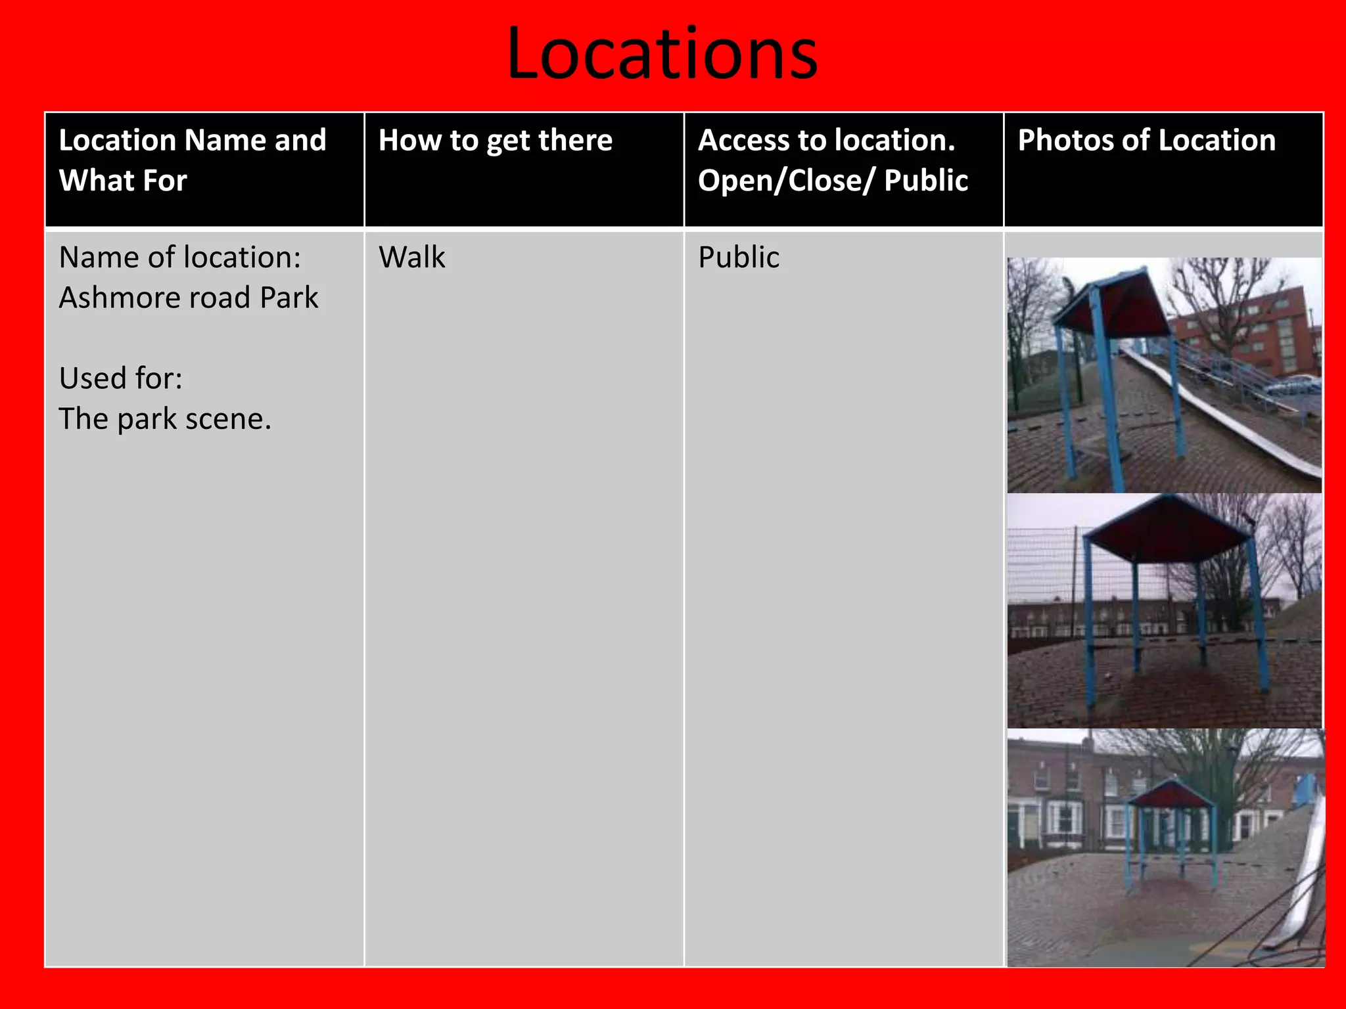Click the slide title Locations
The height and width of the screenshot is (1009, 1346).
662,54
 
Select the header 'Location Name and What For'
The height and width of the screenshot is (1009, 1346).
192,160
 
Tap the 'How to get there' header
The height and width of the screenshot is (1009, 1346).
495,141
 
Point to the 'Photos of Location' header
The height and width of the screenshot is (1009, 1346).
1146,141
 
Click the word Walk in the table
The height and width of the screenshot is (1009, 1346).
411,257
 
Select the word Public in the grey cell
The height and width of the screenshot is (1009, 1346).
738,257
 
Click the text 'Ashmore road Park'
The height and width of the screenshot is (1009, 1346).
188,298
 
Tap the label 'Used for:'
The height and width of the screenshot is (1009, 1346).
120,378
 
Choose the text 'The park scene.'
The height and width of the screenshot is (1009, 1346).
165,418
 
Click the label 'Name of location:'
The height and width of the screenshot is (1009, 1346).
179,257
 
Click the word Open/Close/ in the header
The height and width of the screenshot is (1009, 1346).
786,181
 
